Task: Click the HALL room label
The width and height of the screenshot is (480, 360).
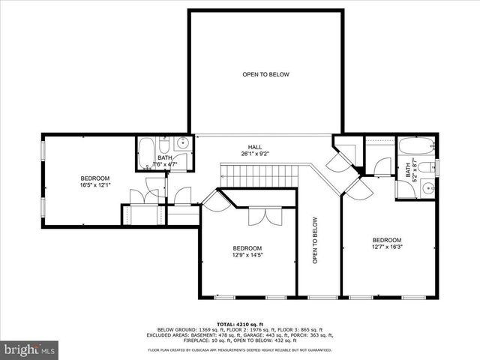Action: (x=256, y=147)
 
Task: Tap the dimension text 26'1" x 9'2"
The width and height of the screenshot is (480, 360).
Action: (x=256, y=154)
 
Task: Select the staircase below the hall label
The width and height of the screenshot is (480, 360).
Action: (x=262, y=177)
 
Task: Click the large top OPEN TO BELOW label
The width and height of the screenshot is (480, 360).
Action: (x=265, y=74)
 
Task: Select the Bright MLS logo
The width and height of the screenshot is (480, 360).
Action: (x=30, y=349)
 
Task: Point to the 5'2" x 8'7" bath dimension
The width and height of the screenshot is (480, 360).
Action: (x=414, y=173)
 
